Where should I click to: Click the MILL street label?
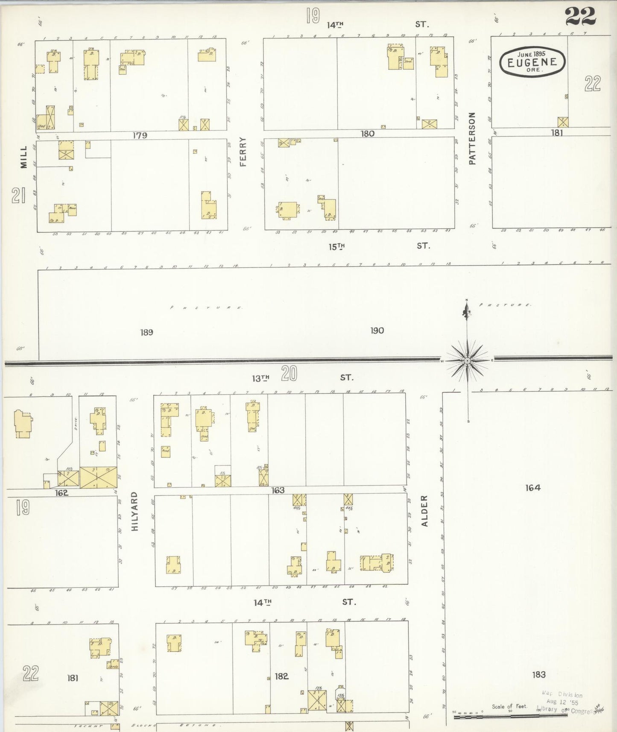point(23,157)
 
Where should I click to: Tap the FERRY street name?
point(243,152)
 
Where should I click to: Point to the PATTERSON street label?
point(472,138)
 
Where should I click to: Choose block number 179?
point(140,135)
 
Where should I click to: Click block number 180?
point(367,134)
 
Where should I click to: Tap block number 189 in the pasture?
point(146,332)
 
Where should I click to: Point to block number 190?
point(377,330)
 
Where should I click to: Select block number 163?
point(278,490)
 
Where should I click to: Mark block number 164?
point(533,487)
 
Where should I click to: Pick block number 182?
point(282,676)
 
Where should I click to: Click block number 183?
point(539,674)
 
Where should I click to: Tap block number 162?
point(62,492)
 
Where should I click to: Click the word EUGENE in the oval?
point(532,62)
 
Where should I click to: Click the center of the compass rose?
point(468,360)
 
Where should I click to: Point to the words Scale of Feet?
point(509,706)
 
